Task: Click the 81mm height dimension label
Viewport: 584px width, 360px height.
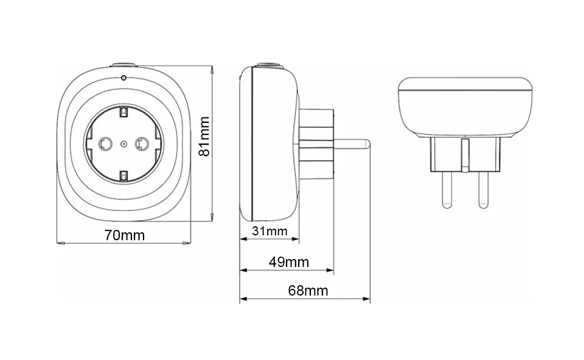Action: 204,136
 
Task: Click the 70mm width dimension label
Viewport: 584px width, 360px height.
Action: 124,236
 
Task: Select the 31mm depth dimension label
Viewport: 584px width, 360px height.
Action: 269,231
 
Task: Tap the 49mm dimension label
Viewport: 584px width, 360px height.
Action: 289,263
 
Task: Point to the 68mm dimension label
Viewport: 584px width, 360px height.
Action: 308,291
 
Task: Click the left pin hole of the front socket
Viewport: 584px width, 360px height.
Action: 105,144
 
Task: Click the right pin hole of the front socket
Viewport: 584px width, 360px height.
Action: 142,144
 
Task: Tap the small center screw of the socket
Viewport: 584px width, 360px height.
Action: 123,144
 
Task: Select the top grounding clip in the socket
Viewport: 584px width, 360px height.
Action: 123,112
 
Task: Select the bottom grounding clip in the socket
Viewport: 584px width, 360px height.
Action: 123,176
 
